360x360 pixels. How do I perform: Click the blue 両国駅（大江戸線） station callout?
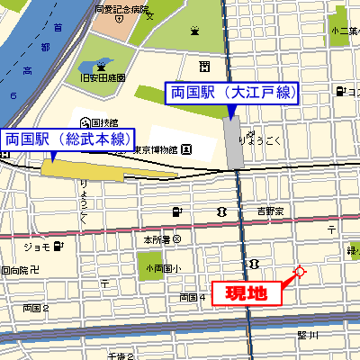[x=231, y=92]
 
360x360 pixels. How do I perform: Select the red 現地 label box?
[x=246, y=292]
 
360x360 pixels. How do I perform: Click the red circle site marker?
[x=299, y=272]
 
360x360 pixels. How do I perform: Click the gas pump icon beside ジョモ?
[x=58, y=246]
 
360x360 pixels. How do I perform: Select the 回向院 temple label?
[x=18, y=269]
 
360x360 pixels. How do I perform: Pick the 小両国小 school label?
[x=164, y=268]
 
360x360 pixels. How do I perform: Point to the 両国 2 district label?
[x=36, y=308]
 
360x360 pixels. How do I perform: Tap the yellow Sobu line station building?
[x=76, y=166]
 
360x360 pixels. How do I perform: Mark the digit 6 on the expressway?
[x=13, y=95]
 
